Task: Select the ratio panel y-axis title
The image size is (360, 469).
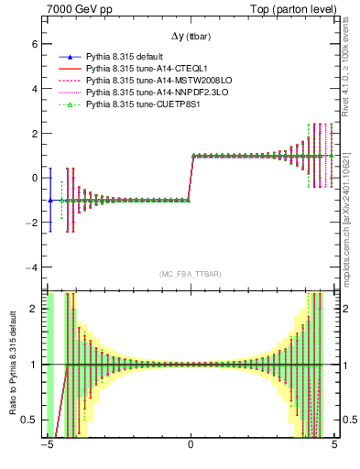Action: [12, 365]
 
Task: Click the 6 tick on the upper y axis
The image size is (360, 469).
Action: [33, 43]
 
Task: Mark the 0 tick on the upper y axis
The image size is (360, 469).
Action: [33, 178]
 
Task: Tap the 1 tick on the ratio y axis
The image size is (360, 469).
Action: [33, 365]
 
